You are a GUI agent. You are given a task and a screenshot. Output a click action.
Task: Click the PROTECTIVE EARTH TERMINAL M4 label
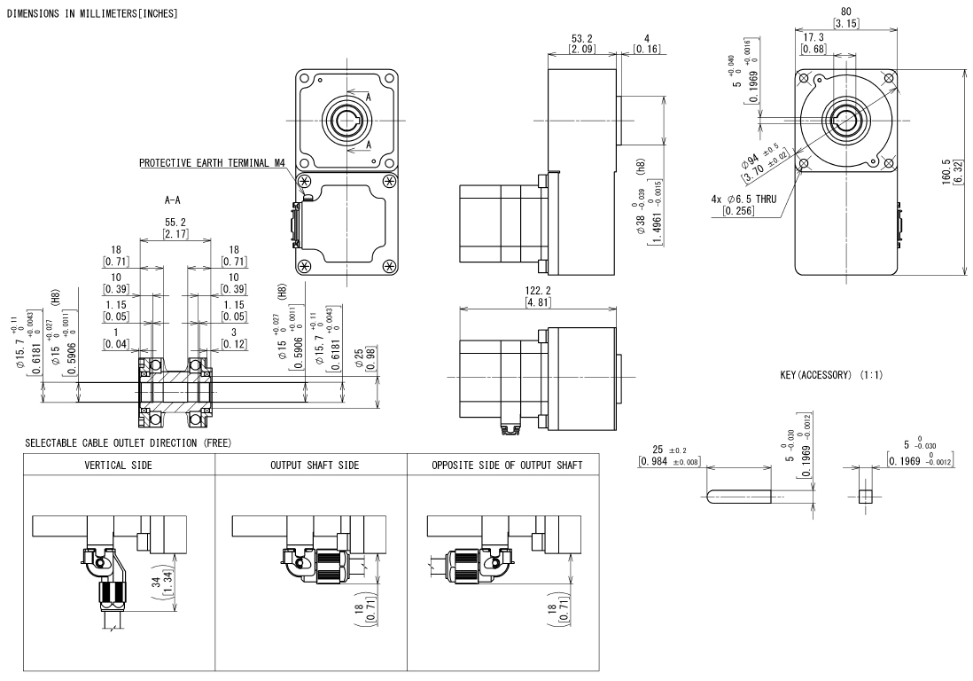[x=212, y=163]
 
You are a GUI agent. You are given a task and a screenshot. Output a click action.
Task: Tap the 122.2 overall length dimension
[x=538, y=291]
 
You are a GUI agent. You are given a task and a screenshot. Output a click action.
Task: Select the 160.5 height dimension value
[x=946, y=171]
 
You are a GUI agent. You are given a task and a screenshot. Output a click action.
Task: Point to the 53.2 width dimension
[x=581, y=39]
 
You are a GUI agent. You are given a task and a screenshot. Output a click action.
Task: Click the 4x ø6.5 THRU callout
[x=743, y=200]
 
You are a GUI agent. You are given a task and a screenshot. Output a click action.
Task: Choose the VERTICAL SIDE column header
[x=119, y=465]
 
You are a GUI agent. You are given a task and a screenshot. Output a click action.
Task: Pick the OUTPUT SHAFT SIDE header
[x=315, y=465]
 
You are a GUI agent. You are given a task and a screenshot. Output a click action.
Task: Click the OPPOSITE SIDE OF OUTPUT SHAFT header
[x=507, y=465]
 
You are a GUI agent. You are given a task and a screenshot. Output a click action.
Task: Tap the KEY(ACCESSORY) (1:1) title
[x=831, y=375]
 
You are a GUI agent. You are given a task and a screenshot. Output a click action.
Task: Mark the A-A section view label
[x=173, y=200]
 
